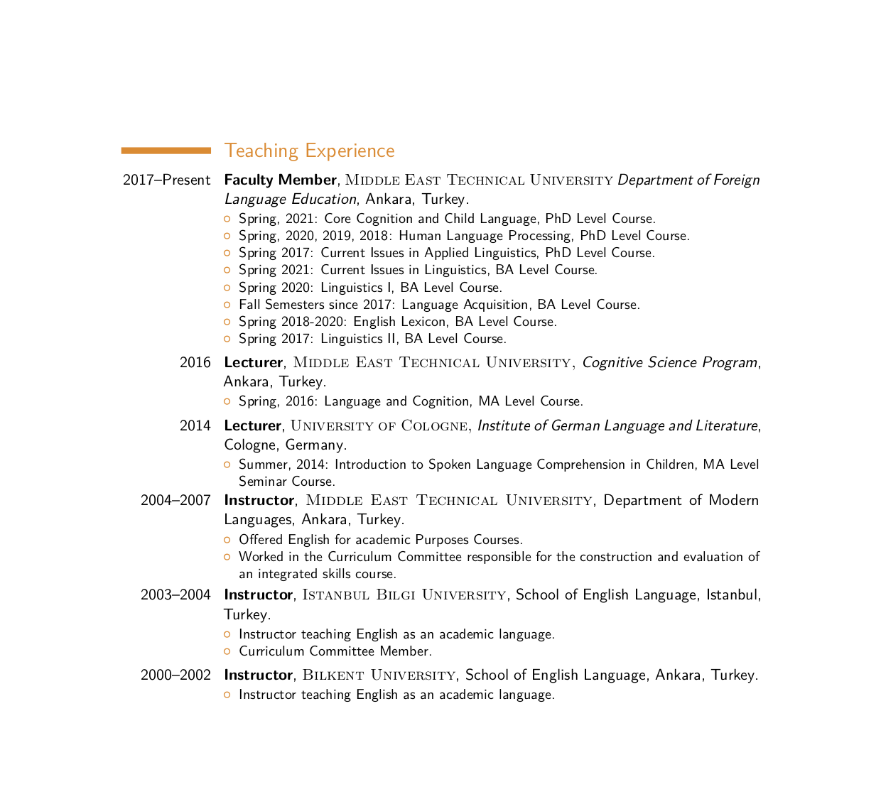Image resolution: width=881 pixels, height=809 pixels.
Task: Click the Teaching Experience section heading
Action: pyautogui.click(x=309, y=151)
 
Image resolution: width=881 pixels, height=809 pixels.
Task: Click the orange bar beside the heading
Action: pyautogui.click(x=166, y=151)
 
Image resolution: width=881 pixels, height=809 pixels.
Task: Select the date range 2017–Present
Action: pyautogui.click(x=166, y=180)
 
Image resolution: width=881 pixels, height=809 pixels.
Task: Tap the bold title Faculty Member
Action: pyautogui.click(x=280, y=180)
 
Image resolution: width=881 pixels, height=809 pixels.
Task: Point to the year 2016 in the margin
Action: pyautogui.click(x=195, y=362)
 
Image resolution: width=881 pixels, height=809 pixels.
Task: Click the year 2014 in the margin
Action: pyautogui.click(x=195, y=425)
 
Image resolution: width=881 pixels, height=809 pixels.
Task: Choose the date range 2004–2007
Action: pyautogui.click(x=175, y=500)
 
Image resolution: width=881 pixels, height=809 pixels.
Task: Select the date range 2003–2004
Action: pyautogui.click(x=175, y=594)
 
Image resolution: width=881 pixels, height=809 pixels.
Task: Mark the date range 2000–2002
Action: pyautogui.click(x=175, y=675)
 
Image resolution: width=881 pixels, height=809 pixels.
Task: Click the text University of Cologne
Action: pyautogui.click(x=379, y=425)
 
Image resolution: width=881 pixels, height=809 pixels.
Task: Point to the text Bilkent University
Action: pyautogui.click(x=379, y=675)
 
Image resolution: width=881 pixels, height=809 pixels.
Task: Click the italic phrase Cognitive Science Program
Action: pyautogui.click(x=669, y=362)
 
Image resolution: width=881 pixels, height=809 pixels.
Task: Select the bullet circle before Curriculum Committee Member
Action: pyautogui.click(x=227, y=651)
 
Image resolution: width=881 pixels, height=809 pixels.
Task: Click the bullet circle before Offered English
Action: pyautogui.click(x=227, y=540)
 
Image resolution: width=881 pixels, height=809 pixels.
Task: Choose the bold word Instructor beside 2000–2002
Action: pyautogui.click(x=258, y=675)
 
